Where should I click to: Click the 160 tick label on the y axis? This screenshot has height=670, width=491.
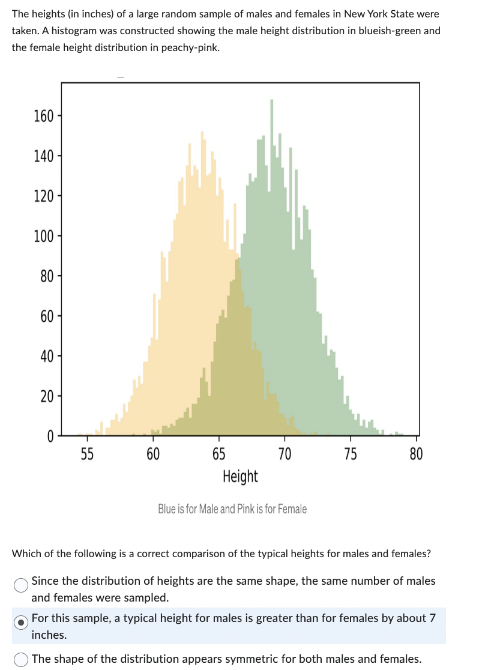(44, 116)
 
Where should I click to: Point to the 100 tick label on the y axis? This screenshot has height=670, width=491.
(44, 236)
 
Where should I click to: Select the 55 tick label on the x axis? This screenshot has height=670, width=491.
(87, 454)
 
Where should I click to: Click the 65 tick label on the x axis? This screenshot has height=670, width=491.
(219, 454)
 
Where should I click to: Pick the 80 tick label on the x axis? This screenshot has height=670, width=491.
(416, 454)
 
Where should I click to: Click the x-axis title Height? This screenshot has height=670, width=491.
(239, 477)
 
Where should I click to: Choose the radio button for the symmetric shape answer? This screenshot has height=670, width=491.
(20, 659)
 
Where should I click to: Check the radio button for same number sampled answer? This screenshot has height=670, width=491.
(20, 585)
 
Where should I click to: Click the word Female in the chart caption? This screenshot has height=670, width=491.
(292, 509)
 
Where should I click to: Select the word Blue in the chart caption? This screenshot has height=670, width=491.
(166, 509)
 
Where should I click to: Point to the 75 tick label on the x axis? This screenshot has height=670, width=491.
(351, 454)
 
